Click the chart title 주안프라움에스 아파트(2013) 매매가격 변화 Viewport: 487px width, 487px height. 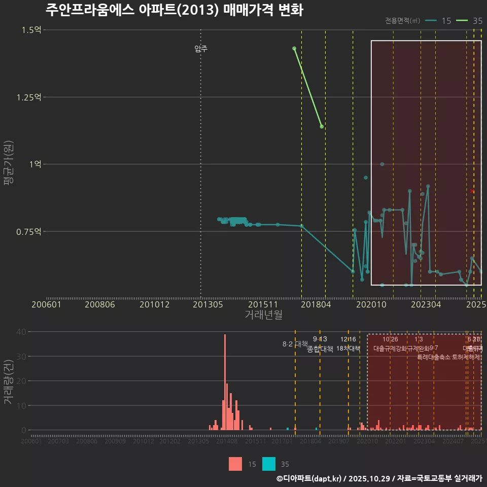[174, 10]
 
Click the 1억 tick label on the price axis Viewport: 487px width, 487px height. [34, 164]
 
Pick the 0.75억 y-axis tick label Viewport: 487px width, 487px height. [29, 231]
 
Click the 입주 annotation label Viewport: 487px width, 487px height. [201, 49]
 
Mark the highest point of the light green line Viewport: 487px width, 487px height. [294, 48]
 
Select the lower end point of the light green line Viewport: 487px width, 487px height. [322, 126]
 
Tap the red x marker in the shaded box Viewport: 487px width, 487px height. [472, 191]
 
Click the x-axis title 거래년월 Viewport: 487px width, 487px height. [263, 315]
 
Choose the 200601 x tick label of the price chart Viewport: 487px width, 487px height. [46, 304]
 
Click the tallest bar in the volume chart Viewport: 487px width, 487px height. [225, 382]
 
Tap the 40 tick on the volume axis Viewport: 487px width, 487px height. [22, 332]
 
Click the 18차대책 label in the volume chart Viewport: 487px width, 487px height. [348, 349]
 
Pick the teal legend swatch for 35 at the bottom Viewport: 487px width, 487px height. [269, 464]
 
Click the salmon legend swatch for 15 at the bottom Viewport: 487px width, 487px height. [235, 464]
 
